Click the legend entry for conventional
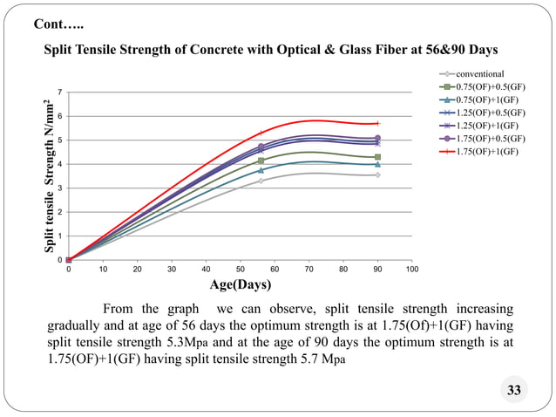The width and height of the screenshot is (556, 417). point(480,74)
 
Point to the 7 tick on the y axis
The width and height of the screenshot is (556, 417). point(59,92)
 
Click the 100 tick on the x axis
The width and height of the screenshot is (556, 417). point(411,270)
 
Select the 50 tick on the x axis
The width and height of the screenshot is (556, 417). point(241,270)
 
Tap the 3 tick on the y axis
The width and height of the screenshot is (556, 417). point(59,188)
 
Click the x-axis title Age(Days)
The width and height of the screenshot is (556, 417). point(240,284)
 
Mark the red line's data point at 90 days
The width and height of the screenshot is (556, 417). point(377,123)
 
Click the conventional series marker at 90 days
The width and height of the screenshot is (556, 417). point(377,174)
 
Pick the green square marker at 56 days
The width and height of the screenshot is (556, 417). point(261,161)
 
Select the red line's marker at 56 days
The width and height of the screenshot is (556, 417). point(261,133)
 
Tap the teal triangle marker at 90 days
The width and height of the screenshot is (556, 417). point(377,164)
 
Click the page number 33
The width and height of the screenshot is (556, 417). point(513,390)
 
